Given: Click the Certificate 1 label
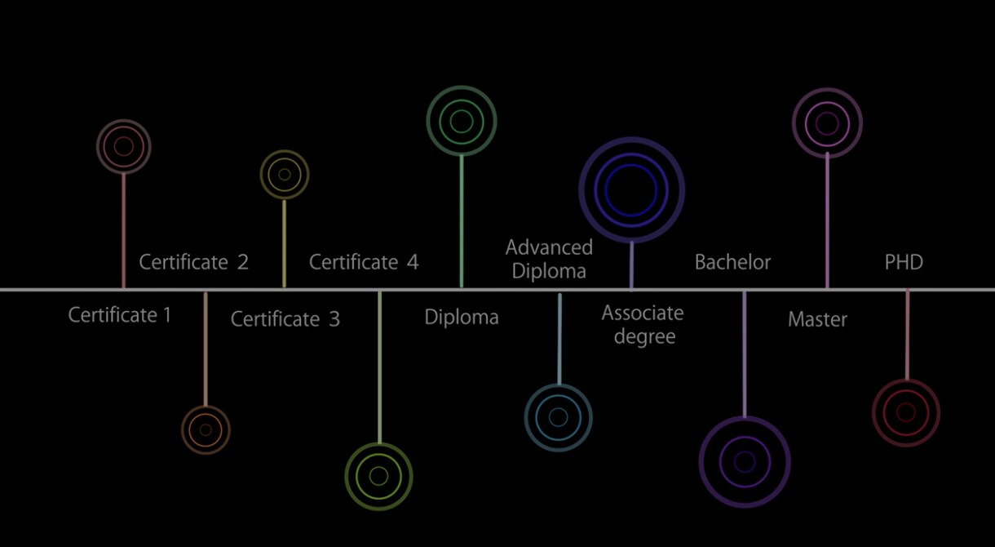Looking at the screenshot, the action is (120, 315).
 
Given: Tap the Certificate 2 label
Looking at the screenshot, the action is (193, 262).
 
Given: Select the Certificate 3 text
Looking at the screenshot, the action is (285, 319).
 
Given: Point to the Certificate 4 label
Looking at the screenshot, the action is (364, 262).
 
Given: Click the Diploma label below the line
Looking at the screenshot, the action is (462, 318).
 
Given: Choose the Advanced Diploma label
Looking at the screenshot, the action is (549, 260).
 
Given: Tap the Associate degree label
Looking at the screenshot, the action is (643, 325).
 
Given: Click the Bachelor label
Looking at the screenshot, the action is (732, 262).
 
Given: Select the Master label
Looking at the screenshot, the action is (817, 319).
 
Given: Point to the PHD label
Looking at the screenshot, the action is (904, 262).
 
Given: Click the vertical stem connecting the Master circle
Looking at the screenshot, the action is (827, 221).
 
